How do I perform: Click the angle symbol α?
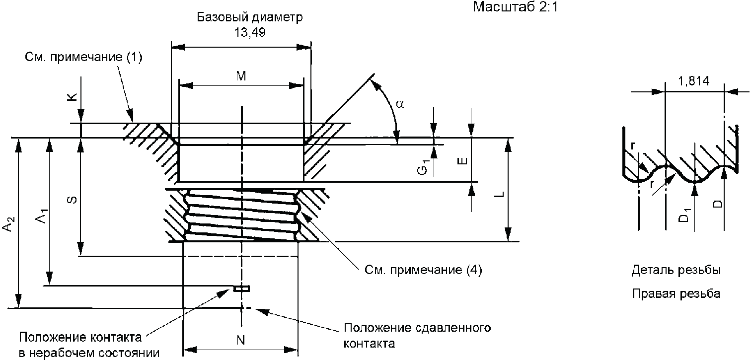401,104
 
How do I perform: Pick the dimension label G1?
422,166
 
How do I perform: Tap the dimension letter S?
72,200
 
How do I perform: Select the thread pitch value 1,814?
694,81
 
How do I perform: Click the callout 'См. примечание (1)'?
83,58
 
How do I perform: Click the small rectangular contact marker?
242,288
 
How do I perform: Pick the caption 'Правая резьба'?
676,294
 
